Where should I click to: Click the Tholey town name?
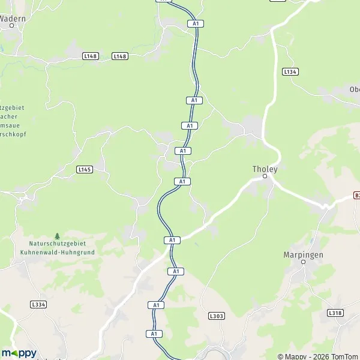pos(265,169)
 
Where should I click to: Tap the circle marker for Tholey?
pos(265,176)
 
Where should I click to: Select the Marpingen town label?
pos(303,254)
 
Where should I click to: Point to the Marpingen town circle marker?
pos(303,262)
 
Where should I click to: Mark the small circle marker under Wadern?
pos(11,26)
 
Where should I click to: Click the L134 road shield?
pos(290,71)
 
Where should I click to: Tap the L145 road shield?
pos(85,170)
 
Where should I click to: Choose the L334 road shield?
pos(38,305)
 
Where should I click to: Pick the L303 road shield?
pos(216,315)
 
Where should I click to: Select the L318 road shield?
pos(335,313)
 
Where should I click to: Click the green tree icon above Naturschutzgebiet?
pos(58,236)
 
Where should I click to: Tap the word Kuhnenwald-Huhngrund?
pos(62,253)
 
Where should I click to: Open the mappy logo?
pos(19,353)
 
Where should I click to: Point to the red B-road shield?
pos(356,196)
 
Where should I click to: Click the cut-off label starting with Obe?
pos(354,89)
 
